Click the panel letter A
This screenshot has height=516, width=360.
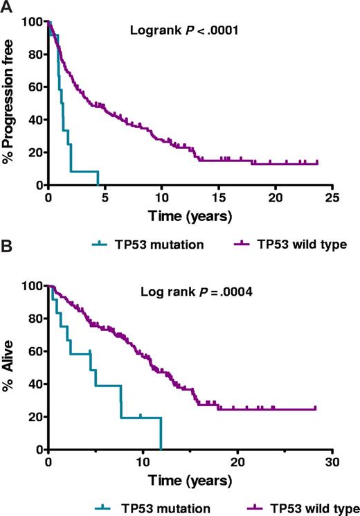tap(6, 7)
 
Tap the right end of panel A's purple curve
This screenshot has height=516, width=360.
tap(317, 163)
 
